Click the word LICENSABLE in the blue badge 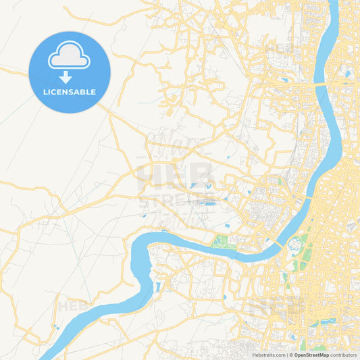click(69, 92)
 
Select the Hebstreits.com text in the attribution click(269, 355)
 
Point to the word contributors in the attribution click(343, 355)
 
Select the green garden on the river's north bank click(224, 241)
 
